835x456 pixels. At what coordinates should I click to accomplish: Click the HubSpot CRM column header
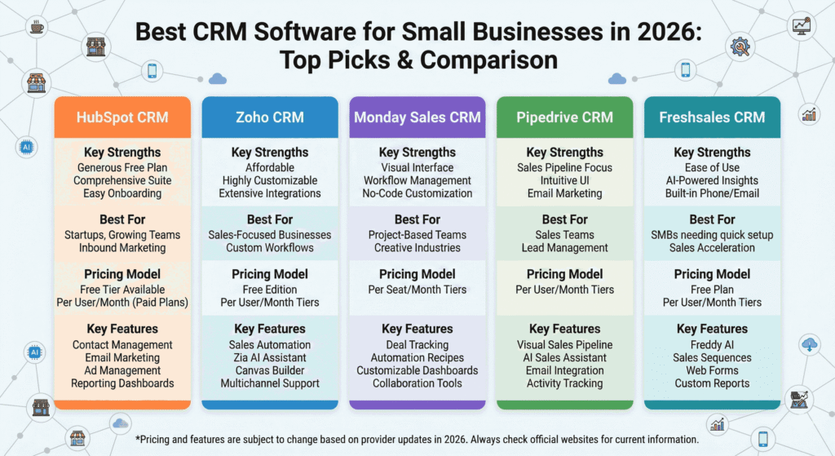(122, 117)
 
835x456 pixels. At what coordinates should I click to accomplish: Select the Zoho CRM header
(270, 117)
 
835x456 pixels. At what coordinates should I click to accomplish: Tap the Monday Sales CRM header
(417, 117)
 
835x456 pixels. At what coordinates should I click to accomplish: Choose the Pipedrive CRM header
(564, 117)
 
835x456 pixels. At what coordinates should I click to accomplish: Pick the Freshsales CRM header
(712, 117)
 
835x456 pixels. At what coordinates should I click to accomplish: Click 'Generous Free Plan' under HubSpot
(122, 167)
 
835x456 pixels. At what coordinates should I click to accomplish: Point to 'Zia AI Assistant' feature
(270, 357)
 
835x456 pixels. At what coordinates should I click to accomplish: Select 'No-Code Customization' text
(417, 193)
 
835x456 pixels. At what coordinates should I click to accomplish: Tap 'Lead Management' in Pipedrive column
(564, 248)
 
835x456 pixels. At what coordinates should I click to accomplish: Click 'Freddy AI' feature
(712, 344)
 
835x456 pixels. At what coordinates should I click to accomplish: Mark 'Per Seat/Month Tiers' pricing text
(417, 290)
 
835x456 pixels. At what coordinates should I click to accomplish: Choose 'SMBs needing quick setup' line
(712, 235)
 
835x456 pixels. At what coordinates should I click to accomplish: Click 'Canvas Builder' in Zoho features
(270, 370)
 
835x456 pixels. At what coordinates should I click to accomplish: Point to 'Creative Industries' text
(417, 248)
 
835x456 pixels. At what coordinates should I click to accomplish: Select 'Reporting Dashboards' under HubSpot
(122, 383)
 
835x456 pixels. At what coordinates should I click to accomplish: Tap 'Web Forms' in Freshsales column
(712, 370)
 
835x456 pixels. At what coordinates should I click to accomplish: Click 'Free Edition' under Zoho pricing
(270, 290)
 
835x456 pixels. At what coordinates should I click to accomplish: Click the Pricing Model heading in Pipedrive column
(564, 274)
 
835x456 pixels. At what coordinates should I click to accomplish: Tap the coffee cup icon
(37, 28)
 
